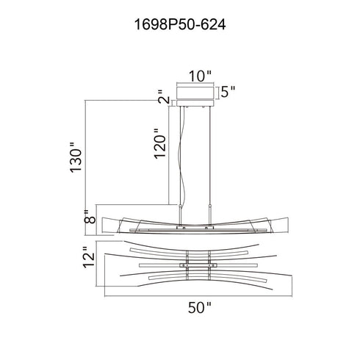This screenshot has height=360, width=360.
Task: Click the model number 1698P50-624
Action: pyautogui.click(x=180, y=25)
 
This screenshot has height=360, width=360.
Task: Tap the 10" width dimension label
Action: pyautogui.click(x=200, y=76)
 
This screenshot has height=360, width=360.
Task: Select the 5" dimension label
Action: pyautogui.click(x=228, y=92)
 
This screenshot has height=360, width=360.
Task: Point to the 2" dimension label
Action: pyautogui.click(x=164, y=97)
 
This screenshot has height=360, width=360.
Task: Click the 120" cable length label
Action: pyautogui.click(x=160, y=144)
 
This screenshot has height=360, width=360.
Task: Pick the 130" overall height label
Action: pyautogui.click(x=76, y=157)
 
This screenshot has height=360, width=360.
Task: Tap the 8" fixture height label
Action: pyautogui.click(x=90, y=217)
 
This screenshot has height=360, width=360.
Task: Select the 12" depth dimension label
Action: pyautogui.click(x=89, y=257)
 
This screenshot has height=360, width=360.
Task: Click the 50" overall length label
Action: pyautogui.click(x=200, y=308)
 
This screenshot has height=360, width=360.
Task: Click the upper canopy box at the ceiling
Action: pyautogui.click(x=195, y=91)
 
